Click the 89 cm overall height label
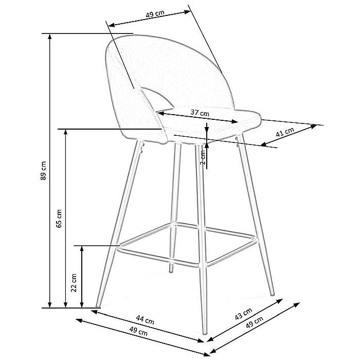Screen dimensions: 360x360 (44, 170)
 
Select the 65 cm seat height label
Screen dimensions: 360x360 (59, 219)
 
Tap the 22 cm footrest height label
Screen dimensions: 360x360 (74, 283)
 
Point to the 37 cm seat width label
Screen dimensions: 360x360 (200, 113)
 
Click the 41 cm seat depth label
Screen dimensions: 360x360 (285, 132)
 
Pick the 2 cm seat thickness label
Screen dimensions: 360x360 (203, 157)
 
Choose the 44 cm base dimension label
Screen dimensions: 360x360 (145, 319)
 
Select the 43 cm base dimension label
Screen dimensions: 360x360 (244, 314)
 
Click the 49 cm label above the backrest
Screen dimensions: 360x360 (155, 14)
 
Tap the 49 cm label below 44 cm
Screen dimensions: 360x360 (138, 331)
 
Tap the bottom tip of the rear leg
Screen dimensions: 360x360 (171, 271)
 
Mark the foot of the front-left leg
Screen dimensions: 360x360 (98, 305)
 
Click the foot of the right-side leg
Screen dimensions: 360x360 (272, 294)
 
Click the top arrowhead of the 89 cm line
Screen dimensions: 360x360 (49, 37)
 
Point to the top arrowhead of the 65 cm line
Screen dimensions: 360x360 (66, 132)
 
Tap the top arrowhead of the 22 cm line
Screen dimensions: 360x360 (81, 248)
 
